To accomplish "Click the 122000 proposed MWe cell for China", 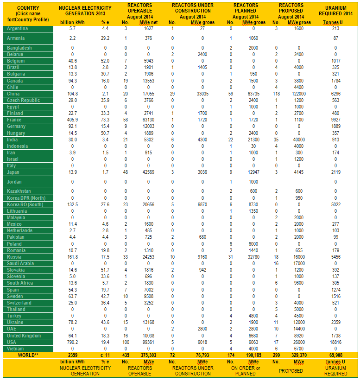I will tap(298, 94).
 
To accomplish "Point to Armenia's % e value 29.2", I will tap(105, 38).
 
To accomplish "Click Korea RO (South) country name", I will tap(25, 204).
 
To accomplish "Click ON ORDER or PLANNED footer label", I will tap(245, 371).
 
